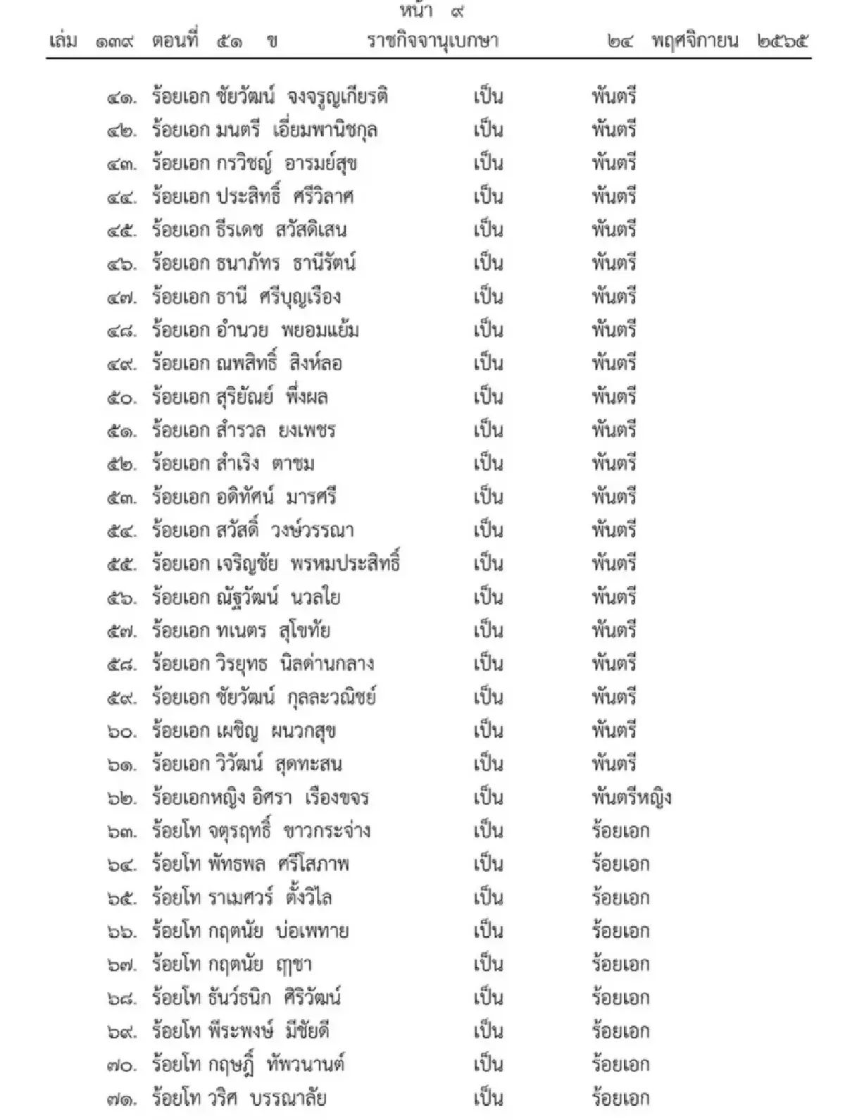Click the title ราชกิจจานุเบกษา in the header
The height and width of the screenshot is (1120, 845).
[432, 41]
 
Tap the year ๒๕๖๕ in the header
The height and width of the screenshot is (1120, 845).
[782, 41]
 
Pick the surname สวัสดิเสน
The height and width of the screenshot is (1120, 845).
[311, 230]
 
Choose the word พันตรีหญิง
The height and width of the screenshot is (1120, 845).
[631, 798]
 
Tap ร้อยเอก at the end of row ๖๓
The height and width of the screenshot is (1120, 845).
[620, 831]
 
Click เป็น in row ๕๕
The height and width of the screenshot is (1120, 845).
[488, 564]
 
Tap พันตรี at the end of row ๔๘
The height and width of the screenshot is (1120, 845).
[614, 330]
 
